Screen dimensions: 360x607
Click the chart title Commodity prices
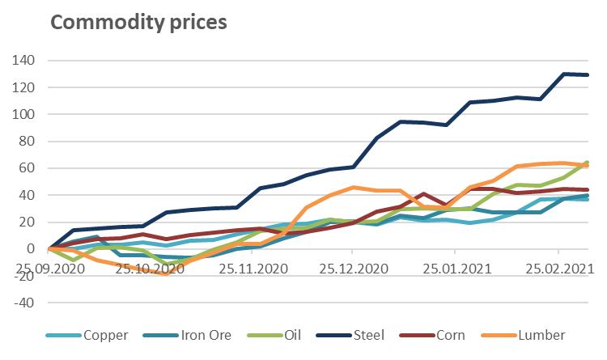tap(138, 21)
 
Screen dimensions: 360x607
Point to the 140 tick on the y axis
tap(24, 60)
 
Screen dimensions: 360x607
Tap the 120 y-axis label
tap(24, 87)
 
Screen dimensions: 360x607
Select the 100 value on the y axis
tap(24, 114)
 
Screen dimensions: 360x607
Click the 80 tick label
tap(28, 141)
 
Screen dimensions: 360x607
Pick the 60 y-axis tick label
tap(28, 167)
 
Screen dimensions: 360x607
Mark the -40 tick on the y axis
tap(24, 303)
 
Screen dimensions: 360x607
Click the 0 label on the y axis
tap(32, 248)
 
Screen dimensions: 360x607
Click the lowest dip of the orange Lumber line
tap(166, 273)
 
